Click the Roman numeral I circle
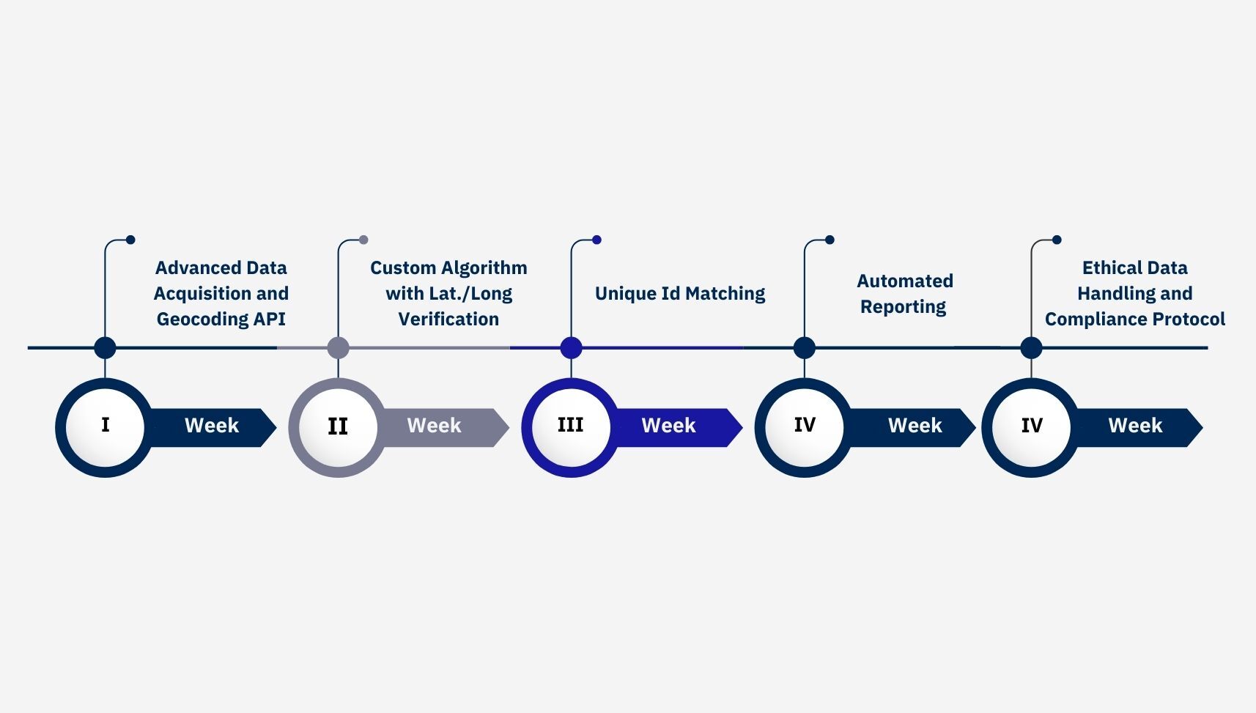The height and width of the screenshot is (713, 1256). pos(105,425)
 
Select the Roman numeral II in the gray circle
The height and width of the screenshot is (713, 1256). pos(338,426)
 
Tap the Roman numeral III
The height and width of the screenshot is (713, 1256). pos(570,425)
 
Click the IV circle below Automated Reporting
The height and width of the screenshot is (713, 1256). pos(805,425)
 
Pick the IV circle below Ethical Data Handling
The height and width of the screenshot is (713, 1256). pos(1032,426)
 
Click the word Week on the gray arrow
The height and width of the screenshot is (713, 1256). pos(434,426)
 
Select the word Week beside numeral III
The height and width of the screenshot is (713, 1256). pos(668,426)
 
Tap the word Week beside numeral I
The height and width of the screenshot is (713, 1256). pos(212,426)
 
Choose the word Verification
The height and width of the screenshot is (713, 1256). pos(448,319)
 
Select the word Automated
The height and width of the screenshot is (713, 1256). pos(905,281)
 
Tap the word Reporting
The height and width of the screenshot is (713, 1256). pos(903,307)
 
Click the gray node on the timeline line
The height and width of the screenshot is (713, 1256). pos(338,347)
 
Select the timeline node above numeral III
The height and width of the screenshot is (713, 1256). pos(571,347)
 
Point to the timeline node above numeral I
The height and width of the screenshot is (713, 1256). pos(105,347)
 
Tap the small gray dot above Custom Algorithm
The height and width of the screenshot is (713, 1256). pos(363,240)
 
